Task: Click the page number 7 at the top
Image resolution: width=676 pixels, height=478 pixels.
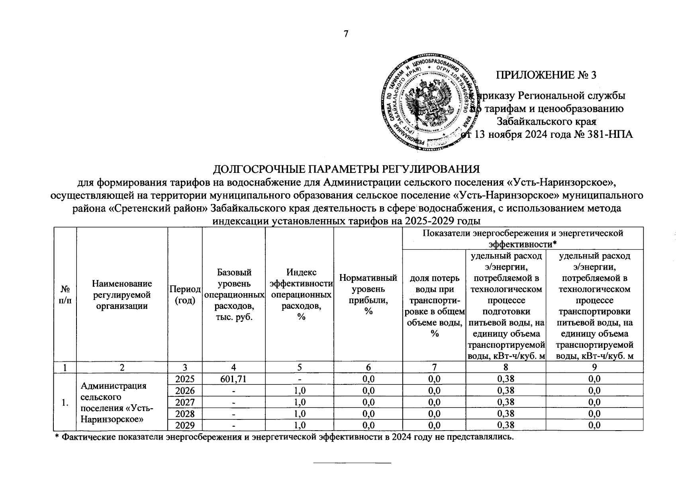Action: point(346,34)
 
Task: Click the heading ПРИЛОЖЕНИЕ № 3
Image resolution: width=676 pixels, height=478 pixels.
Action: point(546,75)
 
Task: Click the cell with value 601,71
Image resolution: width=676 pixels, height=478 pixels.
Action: point(234,379)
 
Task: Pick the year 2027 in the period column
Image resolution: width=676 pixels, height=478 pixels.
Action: point(185,402)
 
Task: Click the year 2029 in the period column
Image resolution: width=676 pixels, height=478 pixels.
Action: point(185,425)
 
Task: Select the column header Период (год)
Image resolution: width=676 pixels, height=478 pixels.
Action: point(185,295)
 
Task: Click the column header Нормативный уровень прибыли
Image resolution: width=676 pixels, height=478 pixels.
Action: point(368,295)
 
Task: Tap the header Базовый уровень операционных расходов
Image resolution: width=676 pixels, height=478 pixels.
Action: point(234,295)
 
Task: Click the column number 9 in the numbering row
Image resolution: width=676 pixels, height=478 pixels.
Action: point(595,367)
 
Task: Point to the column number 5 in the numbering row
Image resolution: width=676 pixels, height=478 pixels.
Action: point(299,367)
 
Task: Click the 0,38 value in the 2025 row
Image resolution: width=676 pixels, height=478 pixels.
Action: point(506,379)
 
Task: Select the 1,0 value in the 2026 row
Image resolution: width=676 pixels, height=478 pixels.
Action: point(299,390)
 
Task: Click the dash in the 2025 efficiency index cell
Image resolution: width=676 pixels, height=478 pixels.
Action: point(299,379)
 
